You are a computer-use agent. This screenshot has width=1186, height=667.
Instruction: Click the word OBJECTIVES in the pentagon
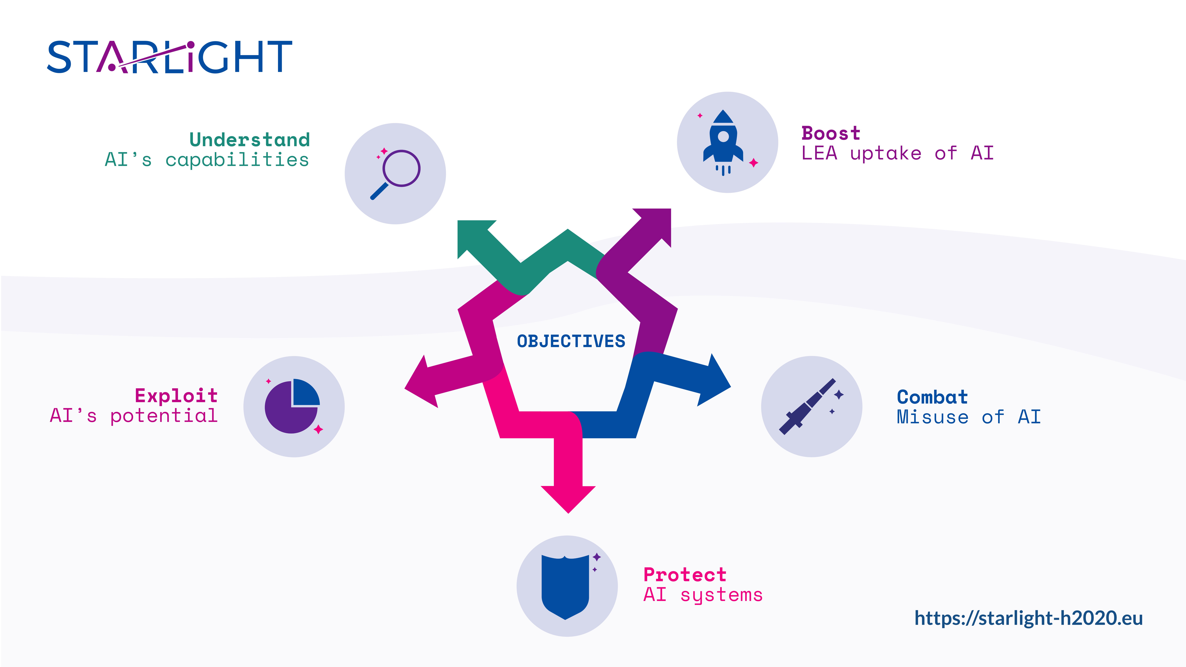(x=571, y=341)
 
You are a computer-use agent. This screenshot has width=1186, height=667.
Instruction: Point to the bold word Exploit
(x=176, y=395)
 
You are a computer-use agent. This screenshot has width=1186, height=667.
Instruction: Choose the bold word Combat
(x=932, y=397)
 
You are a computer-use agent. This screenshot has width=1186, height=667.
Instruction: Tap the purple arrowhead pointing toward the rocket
(x=656, y=223)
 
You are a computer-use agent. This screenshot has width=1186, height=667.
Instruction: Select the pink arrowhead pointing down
(x=568, y=497)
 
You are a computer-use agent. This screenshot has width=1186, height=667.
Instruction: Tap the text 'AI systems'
(x=703, y=595)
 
